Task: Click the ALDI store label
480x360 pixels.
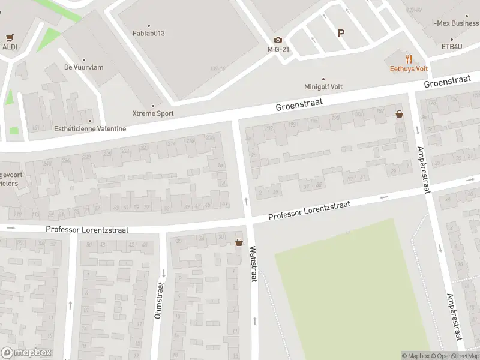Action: (10, 47)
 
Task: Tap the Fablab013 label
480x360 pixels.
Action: (148, 34)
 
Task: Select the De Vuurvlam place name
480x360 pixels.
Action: (83, 67)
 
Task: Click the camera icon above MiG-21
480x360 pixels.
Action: (278, 40)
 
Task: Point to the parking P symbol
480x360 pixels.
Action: (341, 34)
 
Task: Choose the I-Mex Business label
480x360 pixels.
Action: (455, 23)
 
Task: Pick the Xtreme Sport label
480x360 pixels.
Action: (153, 113)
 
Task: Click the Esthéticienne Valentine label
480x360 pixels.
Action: (90, 128)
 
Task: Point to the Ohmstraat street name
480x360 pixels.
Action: (158, 300)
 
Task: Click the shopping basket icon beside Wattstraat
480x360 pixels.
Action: (239, 242)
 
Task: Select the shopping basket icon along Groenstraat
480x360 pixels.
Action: (399, 113)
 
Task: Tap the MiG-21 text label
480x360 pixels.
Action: (278, 49)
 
